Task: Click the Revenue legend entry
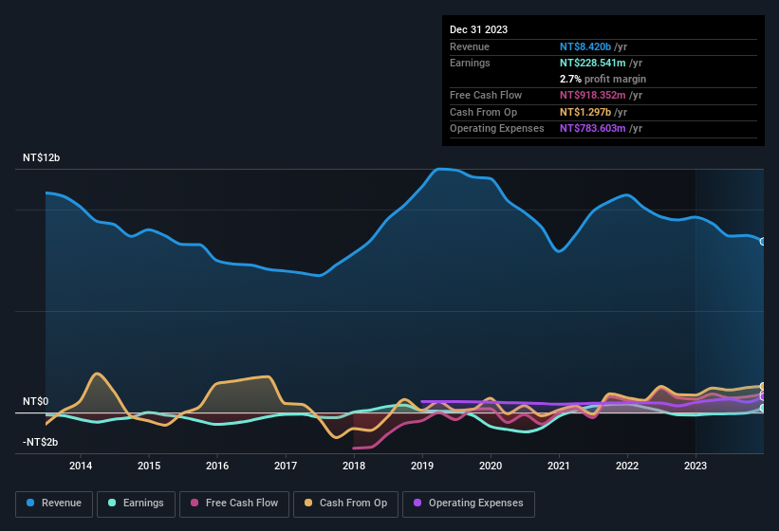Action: click(55, 504)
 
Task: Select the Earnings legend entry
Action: click(135, 504)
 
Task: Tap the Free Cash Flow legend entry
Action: click(234, 504)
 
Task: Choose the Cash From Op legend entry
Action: click(344, 504)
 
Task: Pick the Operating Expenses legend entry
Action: click(469, 504)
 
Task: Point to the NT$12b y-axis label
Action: click(41, 157)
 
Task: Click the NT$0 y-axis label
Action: click(35, 402)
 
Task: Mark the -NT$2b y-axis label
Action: click(40, 443)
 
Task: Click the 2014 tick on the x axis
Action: click(81, 466)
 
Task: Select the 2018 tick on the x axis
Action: click(354, 466)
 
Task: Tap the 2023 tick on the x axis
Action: click(696, 466)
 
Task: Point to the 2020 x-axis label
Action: click(491, 466)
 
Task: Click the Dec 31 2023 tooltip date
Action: click(478, 29)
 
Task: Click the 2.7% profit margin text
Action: click(603, 79)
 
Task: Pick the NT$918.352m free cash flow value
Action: click(594, 96)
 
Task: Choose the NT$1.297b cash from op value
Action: click(585, 112)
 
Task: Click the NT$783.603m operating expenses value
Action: click(594, 128)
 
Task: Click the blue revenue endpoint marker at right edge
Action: click(762, 241)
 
